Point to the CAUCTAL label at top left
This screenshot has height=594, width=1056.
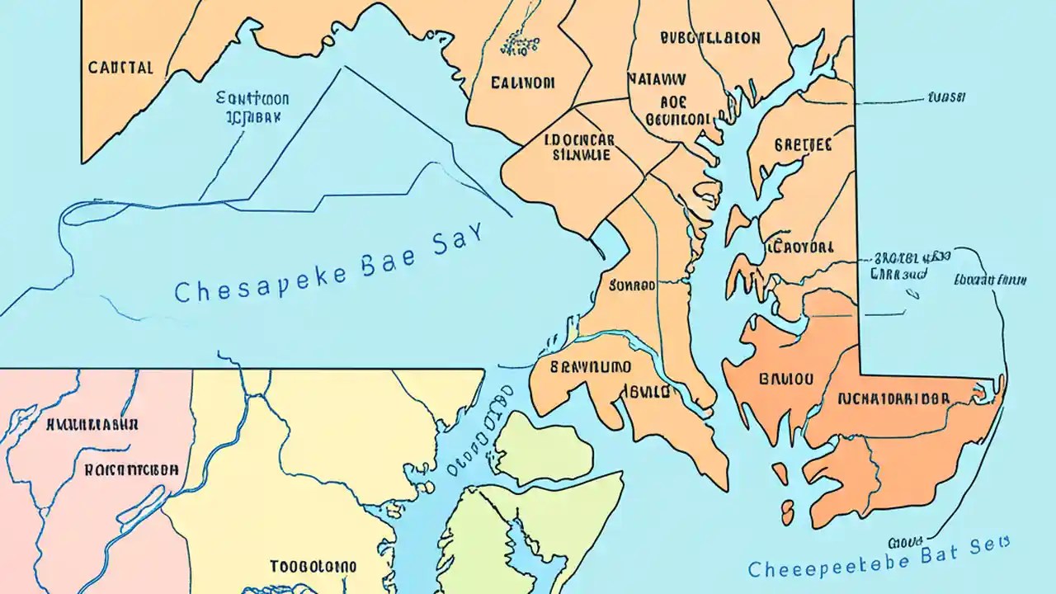[120, 68]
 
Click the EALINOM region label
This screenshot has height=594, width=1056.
[522, 82]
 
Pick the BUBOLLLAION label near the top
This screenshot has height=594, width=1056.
[710, 38]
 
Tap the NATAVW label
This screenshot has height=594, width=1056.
[656, 79]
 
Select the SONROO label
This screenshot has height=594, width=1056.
[632, 285]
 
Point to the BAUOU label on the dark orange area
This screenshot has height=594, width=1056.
[785, 379]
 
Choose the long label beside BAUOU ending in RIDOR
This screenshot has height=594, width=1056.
[893, 398]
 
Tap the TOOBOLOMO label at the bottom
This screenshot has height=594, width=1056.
[313, 567]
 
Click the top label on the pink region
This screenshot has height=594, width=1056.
[92, 425]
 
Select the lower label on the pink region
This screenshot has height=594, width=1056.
[130, 469]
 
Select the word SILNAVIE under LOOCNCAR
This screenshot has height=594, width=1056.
[582, 154]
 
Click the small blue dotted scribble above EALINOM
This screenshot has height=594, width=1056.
[519, 45]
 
